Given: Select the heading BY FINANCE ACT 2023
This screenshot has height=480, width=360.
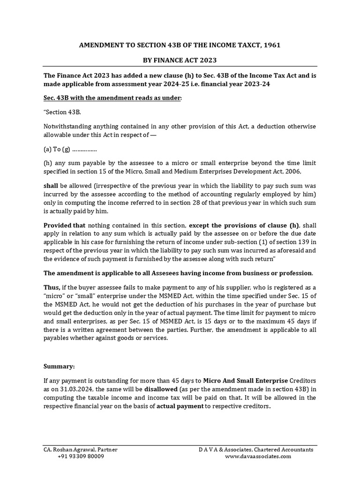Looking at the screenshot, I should (x=180, y=60).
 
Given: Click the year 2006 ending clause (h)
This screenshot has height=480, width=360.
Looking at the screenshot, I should (x=307, y=171).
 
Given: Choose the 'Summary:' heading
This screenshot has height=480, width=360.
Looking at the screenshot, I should (x=59, y=367).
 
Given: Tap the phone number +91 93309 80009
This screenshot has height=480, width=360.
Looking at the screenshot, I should (x=81, y=457).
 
